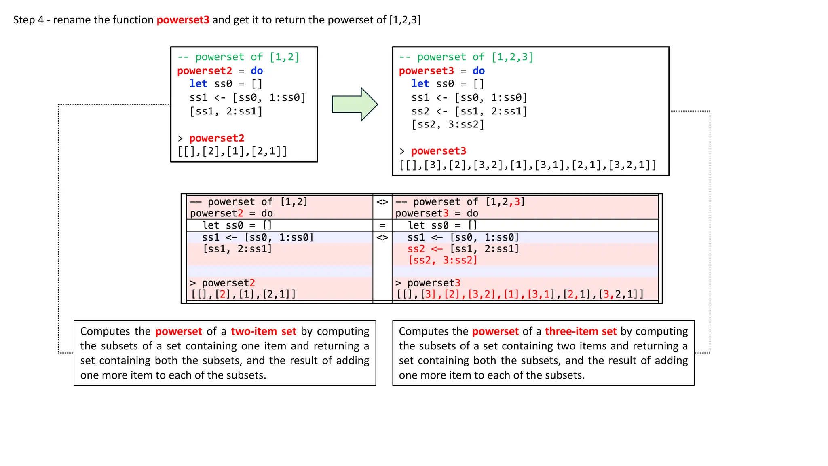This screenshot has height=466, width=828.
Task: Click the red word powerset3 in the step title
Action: pos(183,20)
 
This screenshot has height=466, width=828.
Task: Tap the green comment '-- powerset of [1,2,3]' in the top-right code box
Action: pos(466,57)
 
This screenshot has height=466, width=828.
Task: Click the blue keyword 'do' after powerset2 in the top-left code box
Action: pos(257,71)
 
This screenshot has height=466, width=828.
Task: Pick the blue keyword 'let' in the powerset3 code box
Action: pos(420,84)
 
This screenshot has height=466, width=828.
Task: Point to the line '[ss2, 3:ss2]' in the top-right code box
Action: pos(448,124)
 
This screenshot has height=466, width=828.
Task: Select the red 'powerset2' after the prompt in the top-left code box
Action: pos(217,138)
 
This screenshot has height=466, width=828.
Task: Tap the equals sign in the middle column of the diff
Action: pos(382,225)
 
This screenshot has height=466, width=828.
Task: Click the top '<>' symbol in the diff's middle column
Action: pos(382,202)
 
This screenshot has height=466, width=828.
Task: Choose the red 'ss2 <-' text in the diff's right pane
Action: pos(425,249)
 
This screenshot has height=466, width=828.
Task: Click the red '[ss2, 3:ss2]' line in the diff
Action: pos(443,260)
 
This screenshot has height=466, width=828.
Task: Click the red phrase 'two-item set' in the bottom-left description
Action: pos(264,331)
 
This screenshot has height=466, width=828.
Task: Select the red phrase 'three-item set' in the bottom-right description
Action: pos(581,331)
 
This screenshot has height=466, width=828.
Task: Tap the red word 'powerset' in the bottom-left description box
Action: pos(178,331)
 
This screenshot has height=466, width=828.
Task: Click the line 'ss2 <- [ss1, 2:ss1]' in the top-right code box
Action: pos(469,111)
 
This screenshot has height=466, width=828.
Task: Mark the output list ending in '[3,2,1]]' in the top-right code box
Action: pos(528,165)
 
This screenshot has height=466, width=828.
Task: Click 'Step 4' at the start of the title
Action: pos(28,20)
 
